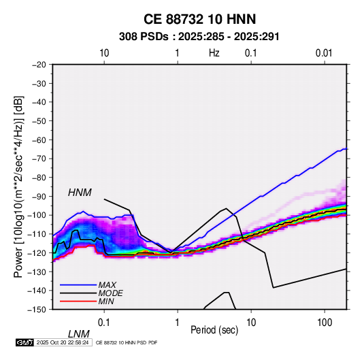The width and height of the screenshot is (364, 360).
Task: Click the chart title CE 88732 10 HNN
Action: (199, 19)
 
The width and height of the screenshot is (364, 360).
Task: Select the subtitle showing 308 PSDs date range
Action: (199, 37)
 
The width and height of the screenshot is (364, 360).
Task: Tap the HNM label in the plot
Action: (80, 193)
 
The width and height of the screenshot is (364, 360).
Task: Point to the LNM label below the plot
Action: (79, 334)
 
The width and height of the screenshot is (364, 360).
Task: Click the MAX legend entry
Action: (107, 284)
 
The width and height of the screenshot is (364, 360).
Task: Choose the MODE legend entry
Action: (110, 293)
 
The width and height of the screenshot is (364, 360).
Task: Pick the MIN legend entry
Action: (106, 301)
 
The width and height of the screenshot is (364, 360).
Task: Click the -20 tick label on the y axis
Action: (39, 65)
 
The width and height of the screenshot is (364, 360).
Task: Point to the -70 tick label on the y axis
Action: (39, 159)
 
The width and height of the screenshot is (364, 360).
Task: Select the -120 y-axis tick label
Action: (37, 253)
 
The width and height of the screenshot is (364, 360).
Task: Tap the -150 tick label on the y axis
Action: (37, 310)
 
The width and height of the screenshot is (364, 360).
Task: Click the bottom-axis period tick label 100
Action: (325, 323)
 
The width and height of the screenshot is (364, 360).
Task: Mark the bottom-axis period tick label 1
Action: (177, 323)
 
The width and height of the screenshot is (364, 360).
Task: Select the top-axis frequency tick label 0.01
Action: (324, 53)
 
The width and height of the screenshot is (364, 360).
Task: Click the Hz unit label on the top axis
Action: (214, 53)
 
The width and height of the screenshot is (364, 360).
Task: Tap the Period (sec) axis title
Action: (214, 330)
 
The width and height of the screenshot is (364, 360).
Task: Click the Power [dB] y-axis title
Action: (18, 186)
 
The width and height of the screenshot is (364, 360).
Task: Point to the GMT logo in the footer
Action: (25, 342)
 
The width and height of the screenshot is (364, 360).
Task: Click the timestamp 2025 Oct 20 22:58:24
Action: (63, 342)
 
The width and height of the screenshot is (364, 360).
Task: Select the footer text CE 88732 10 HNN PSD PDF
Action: (127, 342)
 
